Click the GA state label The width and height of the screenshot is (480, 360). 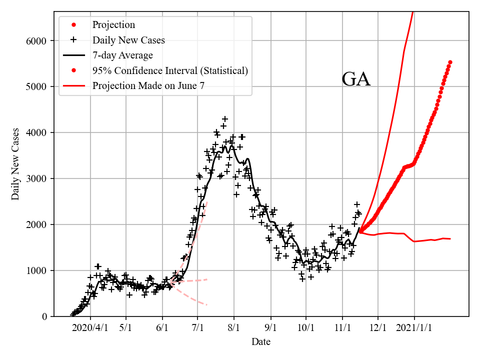(x=356, y=79)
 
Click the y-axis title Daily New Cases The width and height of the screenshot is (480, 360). (x=15, y=164)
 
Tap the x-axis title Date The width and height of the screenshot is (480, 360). (x=261, y=342)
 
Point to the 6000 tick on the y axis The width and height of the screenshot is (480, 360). (x=38, y=41)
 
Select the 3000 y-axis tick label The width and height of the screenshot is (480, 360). (x=38, y=179)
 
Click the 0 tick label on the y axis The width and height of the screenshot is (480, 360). (x=45, y=316)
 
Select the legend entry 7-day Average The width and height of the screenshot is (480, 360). (x=122, y=55)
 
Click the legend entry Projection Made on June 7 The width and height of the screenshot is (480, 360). (x=148, y=86)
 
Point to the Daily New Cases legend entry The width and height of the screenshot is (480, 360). (x=128, y=39)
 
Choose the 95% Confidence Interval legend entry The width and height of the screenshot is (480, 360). (x=170, y=70)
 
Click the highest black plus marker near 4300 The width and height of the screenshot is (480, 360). (x=225, y=119)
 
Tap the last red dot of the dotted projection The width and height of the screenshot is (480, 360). (x=450, y=62)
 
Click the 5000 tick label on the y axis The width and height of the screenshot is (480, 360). (x=38, y=87)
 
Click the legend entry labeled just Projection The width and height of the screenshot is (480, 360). (x=113, y=24)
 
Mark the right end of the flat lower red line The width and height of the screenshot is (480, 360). (x=450, y=238)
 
